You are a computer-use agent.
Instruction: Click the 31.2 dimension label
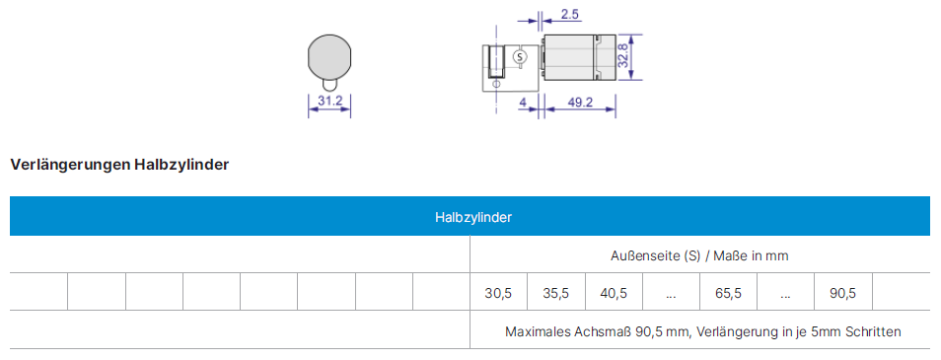click(329, 101)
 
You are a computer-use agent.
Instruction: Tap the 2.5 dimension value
click(570, 15)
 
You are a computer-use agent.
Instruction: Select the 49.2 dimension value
click(580, 103)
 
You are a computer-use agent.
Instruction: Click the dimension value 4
click(523, 103)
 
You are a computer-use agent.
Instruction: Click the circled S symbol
click(520, 57)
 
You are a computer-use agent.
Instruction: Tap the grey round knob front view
click(329, 56)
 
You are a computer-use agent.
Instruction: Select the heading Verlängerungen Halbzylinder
click(119, 165)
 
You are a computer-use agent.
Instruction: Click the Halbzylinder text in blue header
click(472, 217)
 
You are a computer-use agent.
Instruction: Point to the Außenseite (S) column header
click(698, 255)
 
